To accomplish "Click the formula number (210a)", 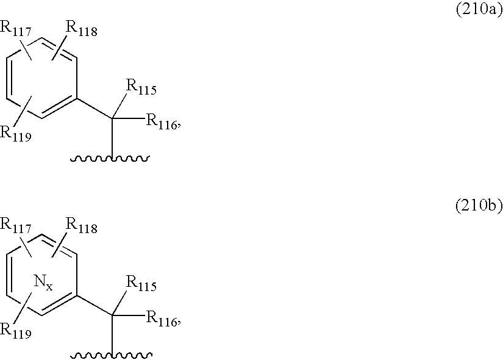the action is pos(479,10).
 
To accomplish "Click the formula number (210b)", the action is pos(479,207).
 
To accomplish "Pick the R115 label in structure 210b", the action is pos(141,285).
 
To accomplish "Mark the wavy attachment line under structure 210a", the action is pos(110,160).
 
